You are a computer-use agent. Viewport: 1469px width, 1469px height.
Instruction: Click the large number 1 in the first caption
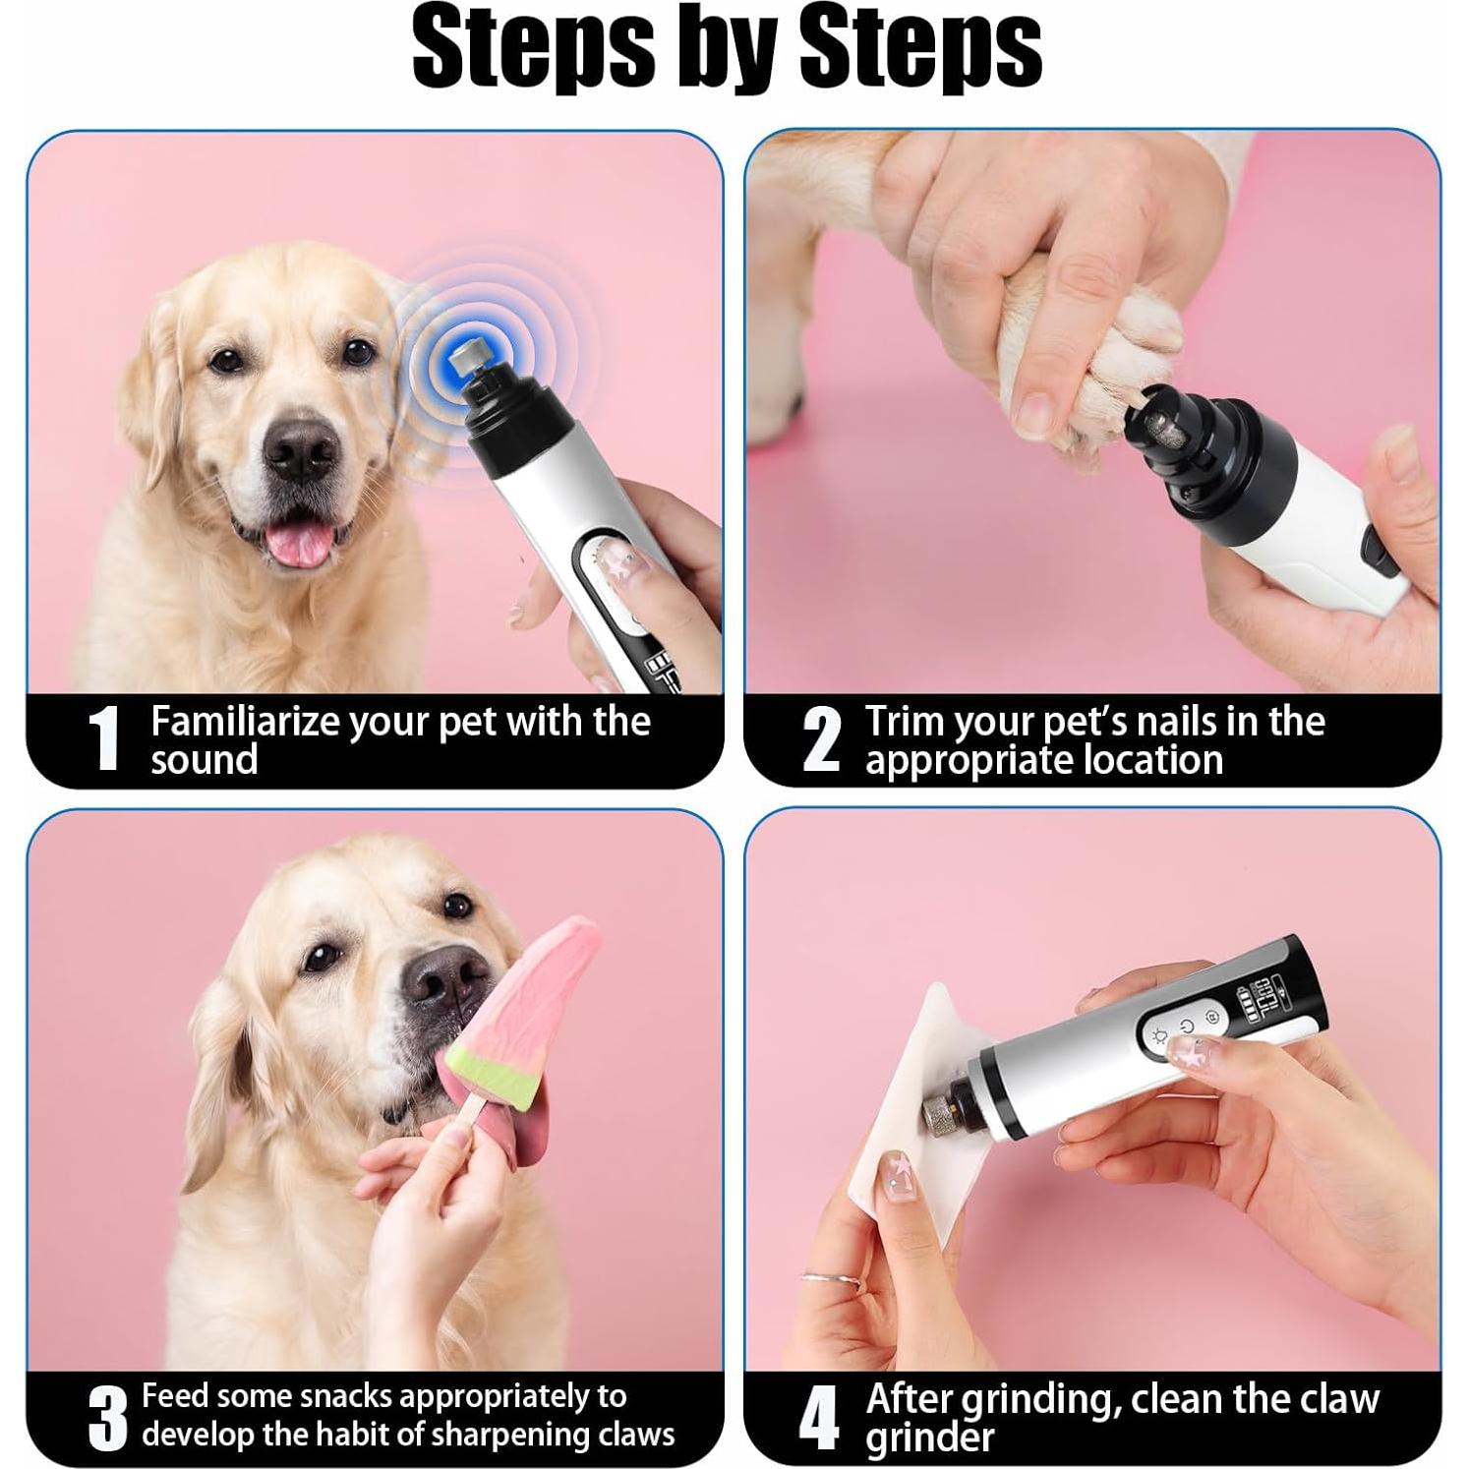[x=103, y=739]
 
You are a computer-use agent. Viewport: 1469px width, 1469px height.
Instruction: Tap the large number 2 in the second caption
[x=821, y=739]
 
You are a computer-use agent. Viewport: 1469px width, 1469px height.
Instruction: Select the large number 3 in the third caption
[x=108, y=1418]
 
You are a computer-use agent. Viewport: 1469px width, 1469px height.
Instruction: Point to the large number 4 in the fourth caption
[x=818, y=1418]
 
